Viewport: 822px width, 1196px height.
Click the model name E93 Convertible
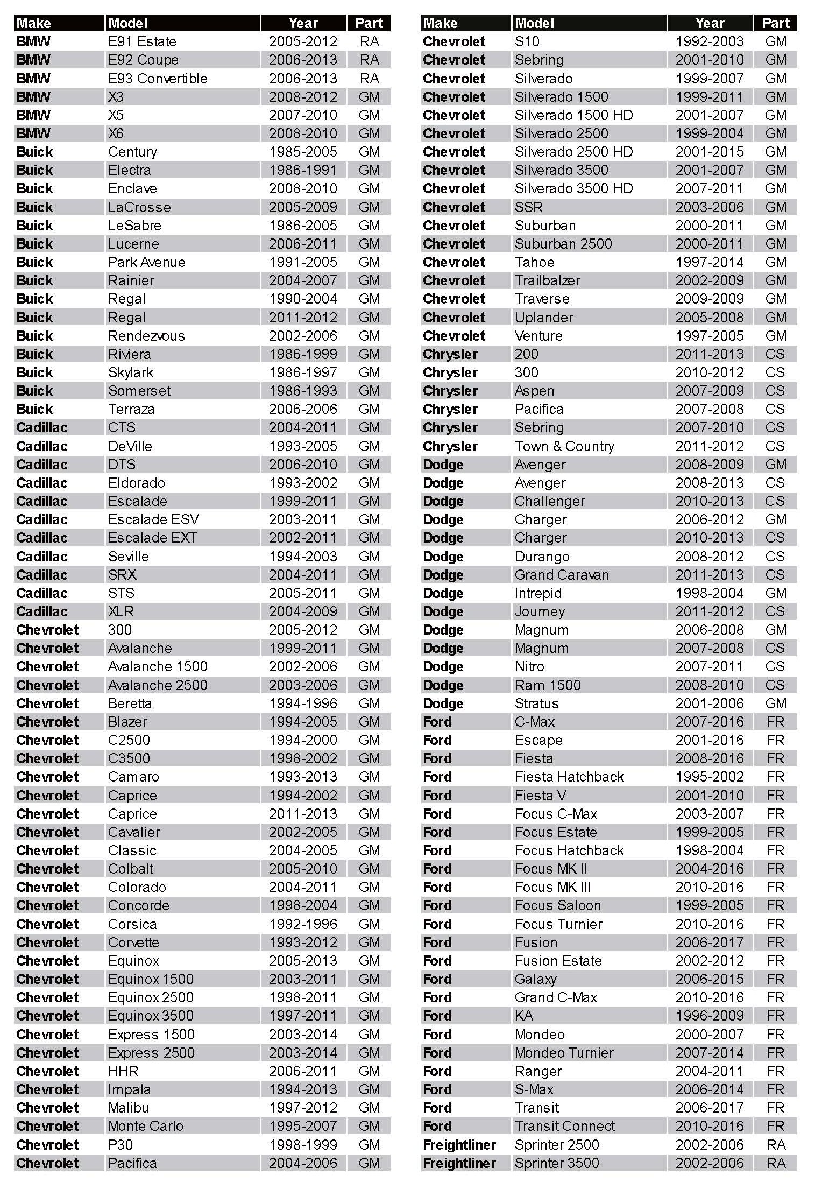[158, 79]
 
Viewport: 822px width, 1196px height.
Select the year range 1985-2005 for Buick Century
[303, 152]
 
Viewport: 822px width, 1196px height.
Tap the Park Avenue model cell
[146, 262]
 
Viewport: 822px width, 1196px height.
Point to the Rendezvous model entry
[146, 336]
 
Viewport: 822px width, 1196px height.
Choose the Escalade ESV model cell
[153, 519]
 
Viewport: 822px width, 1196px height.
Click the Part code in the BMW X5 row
[369, 115]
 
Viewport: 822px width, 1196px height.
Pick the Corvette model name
[133, 942]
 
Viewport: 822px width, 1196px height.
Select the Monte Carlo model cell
[145, 1126]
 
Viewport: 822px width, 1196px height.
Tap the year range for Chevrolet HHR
[303, 1071]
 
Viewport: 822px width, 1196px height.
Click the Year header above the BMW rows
[303, 23]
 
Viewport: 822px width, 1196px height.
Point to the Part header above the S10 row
[775, 23]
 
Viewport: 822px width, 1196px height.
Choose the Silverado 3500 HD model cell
[573, 188]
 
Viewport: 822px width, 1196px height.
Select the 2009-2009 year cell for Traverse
[710, 299]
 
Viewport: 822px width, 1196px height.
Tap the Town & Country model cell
[564, 446]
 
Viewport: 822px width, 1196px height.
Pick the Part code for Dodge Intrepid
[775, 593]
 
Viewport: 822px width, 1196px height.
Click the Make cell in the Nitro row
[443, 666]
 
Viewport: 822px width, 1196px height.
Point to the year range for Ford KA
[710, 1016]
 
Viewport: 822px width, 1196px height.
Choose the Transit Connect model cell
[564, 1126]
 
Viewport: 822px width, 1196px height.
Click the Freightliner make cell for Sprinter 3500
[459, 1163]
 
